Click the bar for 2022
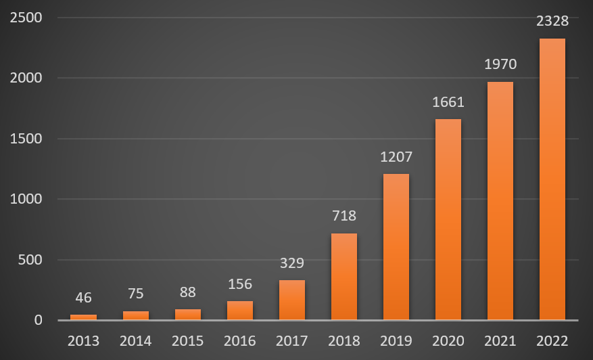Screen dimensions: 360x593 point(552,179)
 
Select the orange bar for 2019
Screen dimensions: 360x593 point(396,247)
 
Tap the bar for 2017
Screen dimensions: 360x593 point(292,300)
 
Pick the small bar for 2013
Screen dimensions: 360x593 point(84,317)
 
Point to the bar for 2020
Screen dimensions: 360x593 point(448,219)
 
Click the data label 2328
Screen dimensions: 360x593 point(552,21)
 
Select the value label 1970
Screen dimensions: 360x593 point(500,65)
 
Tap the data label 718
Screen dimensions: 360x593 point(344,217)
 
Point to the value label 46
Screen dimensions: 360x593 point(84,298)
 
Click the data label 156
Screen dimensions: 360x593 point(240,284)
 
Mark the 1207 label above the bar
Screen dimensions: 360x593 point(396,157)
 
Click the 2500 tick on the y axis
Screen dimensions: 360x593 point(26,18)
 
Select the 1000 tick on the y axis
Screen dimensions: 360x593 point(26,199)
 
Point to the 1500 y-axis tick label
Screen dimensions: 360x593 point(26,139)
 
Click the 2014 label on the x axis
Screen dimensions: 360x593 point(135,340)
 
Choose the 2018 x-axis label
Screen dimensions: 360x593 point(344,340)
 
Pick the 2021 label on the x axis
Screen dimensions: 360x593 point(500,340)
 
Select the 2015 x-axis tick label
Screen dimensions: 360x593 point(187,340)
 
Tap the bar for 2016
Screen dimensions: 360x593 point(240,311)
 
